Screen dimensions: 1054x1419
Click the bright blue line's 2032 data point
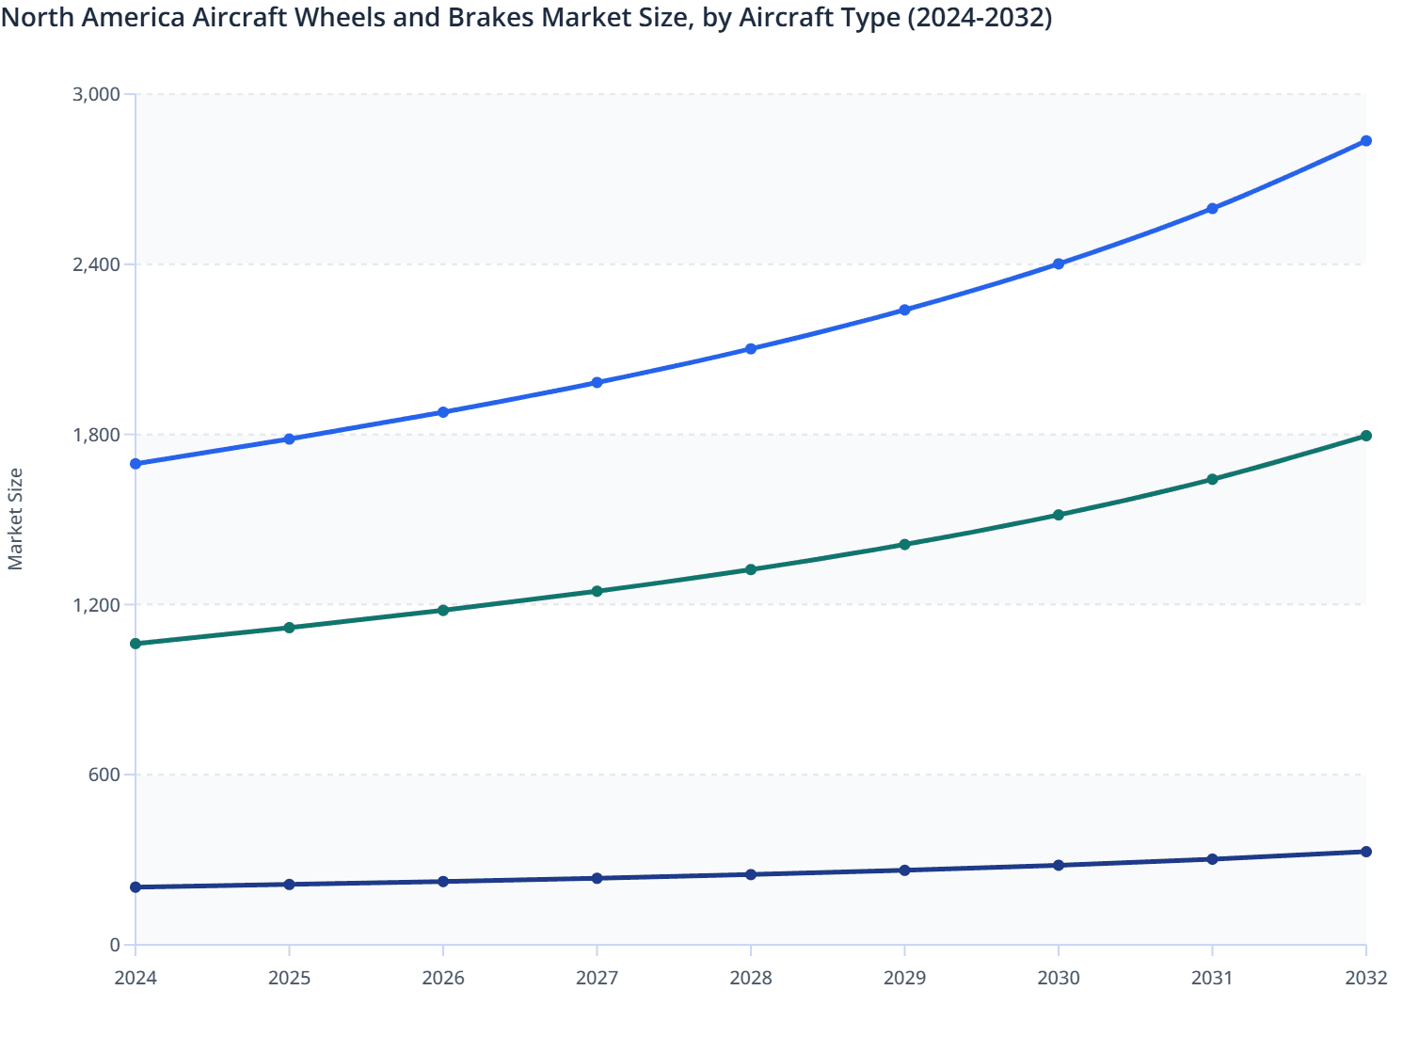(x=1365, y=141)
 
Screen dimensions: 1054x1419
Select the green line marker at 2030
(x=1059, y=515)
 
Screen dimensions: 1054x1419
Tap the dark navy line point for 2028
(x=751, y=874)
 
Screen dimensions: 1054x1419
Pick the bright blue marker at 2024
(x=136, y=464)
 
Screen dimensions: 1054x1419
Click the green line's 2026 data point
(x=443, y=611)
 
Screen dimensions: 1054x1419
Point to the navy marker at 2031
(x=1212, y=859)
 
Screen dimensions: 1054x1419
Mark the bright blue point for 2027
(x=597, y=383)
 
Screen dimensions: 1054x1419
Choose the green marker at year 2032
(x=1365, y=436)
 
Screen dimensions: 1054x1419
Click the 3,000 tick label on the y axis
(x=96, y=94)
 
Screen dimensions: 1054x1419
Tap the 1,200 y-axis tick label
(x=96, y=605)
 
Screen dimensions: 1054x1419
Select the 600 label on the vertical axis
(x=105, y=775)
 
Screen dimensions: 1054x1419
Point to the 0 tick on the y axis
(x=115, y=946)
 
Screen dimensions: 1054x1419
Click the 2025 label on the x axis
(x=289, y=979)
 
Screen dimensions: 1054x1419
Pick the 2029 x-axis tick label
(x=904, y=979)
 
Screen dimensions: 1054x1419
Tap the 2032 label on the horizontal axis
(x=1365, y=979)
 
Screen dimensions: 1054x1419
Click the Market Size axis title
(x=16, y=519)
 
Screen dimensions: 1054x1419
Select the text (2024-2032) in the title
(x=980, y=17)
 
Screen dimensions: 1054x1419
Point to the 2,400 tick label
(x=96, y=264)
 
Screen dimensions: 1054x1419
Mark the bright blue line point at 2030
(x=1059, y=264)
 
